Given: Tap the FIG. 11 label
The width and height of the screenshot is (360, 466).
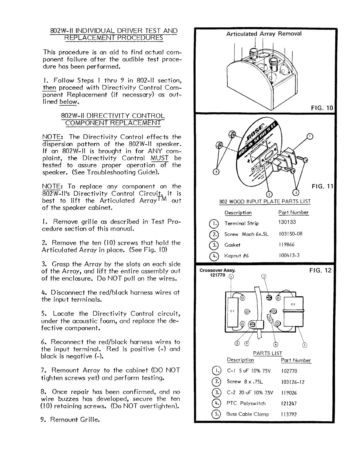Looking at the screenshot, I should (x=322, y=186).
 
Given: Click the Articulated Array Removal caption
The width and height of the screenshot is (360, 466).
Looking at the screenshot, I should (x=264, y=34).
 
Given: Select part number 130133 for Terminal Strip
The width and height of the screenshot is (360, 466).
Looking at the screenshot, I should (x=287, y=222).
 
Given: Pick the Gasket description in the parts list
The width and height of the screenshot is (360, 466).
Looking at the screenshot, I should (x=232, y=245).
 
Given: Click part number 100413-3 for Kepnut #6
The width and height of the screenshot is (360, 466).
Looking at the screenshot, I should (x=289, y=255).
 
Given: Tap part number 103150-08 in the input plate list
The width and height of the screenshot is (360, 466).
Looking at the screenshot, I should (x=291, y=234).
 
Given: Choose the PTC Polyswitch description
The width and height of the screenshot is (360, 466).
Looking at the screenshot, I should (x=246, y=403).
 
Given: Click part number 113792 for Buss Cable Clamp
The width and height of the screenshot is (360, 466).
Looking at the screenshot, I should (x=289, y=414).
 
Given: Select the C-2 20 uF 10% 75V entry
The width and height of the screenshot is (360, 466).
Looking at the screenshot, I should (x=250, y=392).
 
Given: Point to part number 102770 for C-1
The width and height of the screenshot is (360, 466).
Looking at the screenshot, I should (x=289, y=371).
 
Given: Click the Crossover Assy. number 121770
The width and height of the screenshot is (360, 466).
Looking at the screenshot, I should (x=218, y=275).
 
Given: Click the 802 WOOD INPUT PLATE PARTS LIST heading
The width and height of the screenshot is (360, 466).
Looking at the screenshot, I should (x=265, y=202).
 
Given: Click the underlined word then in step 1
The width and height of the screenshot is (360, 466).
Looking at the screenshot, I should (x=49, y=88).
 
